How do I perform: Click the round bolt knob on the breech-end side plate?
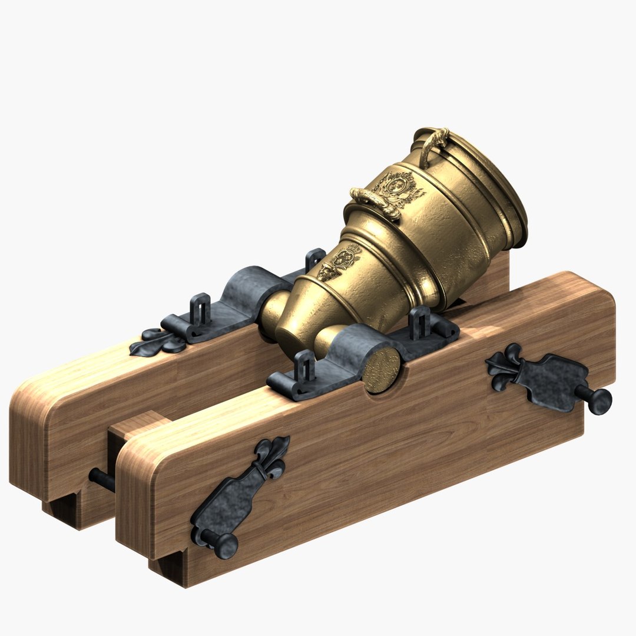(226, 545)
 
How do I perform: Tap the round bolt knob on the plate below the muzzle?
(600, 401)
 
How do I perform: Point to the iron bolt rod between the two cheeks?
(101, 479)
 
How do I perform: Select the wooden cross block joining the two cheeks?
(132, 427)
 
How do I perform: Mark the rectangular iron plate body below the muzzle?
(554, 380)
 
